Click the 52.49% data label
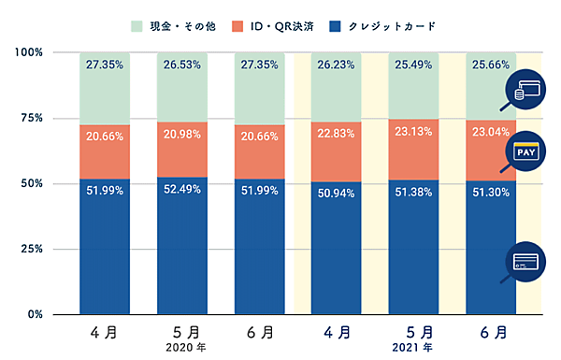click(182, 192)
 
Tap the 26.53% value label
click(182, 65)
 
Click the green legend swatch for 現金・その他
click(135, 25)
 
